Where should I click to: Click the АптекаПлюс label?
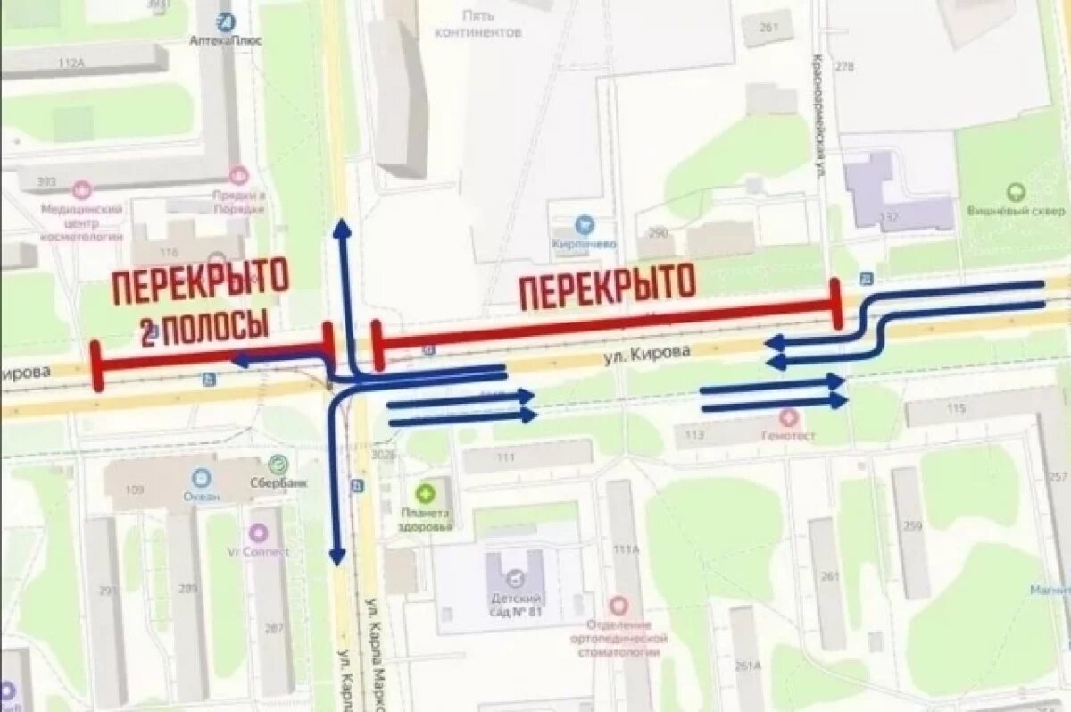pyautogui.click(x=224, y=40)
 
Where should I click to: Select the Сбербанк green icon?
pyautogui.click(x=278, y=464)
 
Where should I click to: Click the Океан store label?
pyautogui.click(x=201, y=496)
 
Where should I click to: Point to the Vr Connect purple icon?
pyautogui.click(x=258, y=533)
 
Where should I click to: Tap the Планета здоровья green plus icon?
pyautogui.click(x=426, y=492)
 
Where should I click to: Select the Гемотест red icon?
pyautogui.click(x=788, y=416)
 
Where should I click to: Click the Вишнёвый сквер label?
pyautogui.click(x=1016, y=212)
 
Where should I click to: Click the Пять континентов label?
pyautogui.click(x=477, y=23)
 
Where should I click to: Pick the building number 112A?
pyautogui.click(x=70, y=63)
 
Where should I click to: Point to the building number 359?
pyautogui.click(x=911, y=526)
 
